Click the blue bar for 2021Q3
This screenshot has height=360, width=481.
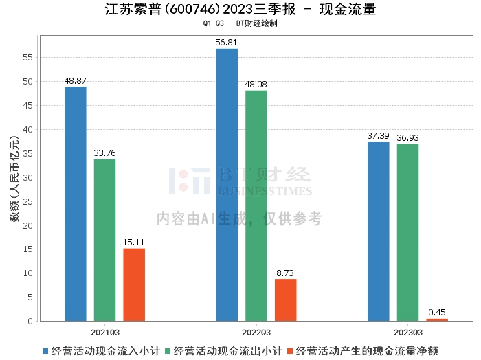pos(76,203)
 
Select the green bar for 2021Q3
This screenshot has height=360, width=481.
pos(105,240)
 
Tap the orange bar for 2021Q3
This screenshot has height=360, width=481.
pos(135,284)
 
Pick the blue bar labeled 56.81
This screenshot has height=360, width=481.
pos(227,185)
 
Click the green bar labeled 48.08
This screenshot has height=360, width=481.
pos(256,205)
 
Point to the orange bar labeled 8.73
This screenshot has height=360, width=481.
pos(286,300)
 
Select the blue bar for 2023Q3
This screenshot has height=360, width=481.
pos(379,231)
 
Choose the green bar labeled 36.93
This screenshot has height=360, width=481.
pos(407,232)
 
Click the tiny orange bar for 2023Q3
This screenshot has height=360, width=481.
pos(437,319)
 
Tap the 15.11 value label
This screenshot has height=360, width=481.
pos(135,243)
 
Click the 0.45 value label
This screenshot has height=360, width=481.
pos(437,313)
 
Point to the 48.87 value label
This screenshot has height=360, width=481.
pos(76,80)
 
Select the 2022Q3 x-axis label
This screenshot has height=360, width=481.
pos(256,331)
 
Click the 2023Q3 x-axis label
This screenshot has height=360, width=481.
pos(407,331)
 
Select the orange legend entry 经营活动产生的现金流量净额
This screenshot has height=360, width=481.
pos(367,350)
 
